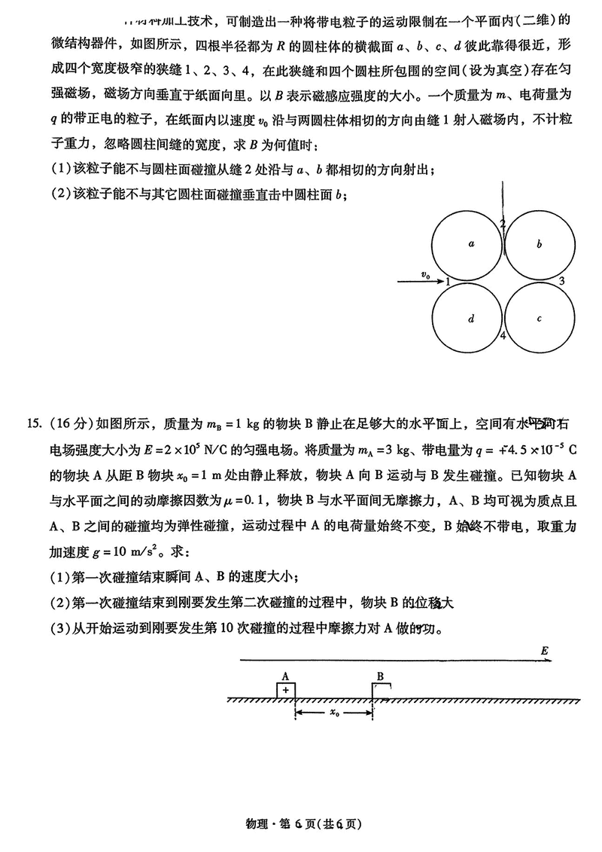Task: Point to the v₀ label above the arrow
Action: [x=427, y=276]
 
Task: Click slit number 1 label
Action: [x=448, y=282]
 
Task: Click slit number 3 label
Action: [x=561, y=281]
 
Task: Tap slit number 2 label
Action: [x=503, y=223]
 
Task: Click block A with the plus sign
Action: [x=285, y=690]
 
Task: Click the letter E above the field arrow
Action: [x=544, y=650]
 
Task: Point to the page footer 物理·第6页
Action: [x=301, y=823]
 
